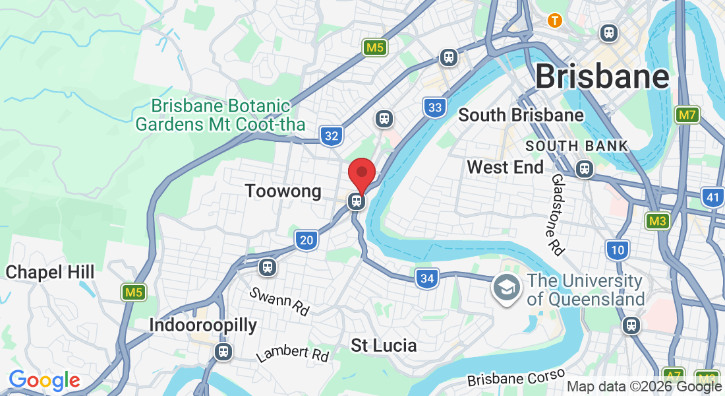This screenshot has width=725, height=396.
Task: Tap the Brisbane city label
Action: click(602, 77)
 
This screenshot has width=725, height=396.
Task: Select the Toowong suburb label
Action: click(283, 191)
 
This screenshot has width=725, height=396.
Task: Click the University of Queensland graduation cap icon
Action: click(506, 288)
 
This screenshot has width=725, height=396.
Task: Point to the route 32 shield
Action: click(332, 136)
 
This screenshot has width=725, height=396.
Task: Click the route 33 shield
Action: click(434, 107)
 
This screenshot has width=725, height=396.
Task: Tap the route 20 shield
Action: click(306, 240)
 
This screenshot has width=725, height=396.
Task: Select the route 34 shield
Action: click(427, 279)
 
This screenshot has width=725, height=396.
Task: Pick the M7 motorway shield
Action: click(687, 115)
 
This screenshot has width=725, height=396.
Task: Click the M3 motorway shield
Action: click(657, 220)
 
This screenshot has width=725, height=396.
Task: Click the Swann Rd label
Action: click(279, 301)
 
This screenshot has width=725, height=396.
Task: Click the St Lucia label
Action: click(384, 345)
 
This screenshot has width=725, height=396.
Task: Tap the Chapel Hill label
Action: click(50, 272)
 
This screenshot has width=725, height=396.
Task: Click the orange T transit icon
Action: click(555, 20)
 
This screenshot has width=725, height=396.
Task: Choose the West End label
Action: click(506, 167)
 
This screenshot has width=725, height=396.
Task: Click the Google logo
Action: click(44, 380)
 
